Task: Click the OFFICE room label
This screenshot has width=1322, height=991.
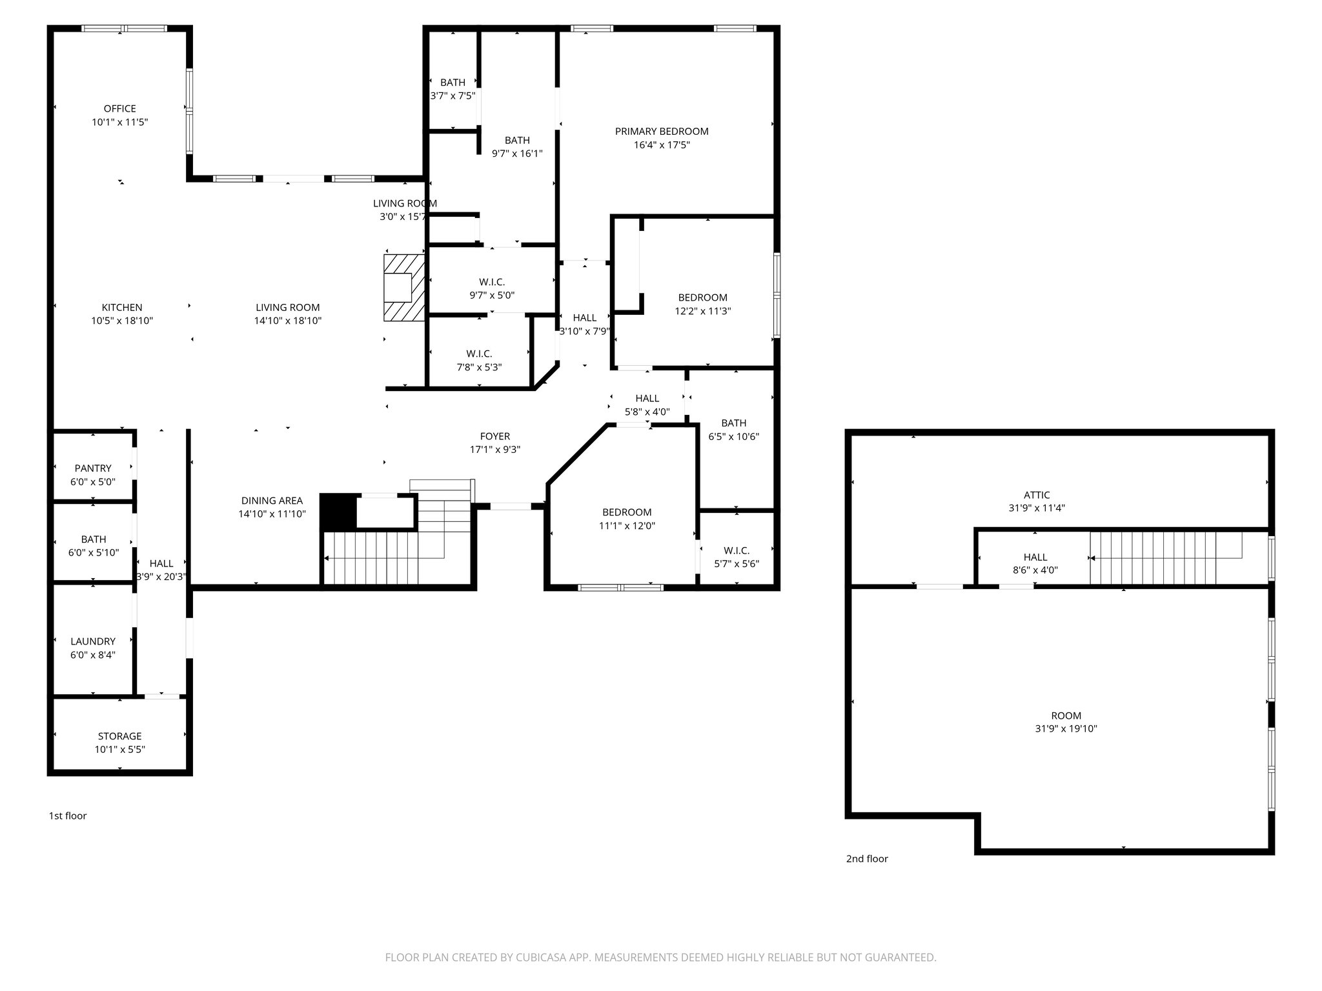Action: point(120,108)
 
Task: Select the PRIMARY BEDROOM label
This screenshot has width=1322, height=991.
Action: point(662,132)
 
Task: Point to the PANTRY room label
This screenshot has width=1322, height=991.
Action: point(93,468)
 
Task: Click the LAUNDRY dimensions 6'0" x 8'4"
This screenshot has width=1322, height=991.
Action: point(93,655)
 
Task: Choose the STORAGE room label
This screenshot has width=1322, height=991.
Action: point(120,736)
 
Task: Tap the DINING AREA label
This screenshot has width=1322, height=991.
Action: point(272,501)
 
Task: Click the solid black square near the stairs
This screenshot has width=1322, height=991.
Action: point(338,512)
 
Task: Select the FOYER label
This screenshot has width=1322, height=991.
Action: point(495,436)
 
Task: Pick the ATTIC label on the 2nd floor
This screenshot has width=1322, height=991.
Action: point(1037,495)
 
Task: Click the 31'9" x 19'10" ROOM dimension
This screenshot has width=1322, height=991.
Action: point(1066,729)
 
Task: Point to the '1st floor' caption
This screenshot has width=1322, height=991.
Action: point(68,816)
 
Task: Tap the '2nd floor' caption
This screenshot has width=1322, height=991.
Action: point(867,859)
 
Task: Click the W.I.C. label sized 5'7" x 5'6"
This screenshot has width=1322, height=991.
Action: point(737,550)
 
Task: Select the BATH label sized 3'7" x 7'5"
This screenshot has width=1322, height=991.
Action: point(453,83)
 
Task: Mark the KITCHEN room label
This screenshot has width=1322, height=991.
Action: point(122,308)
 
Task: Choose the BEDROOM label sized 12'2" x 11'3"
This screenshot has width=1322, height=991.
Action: point(702,297)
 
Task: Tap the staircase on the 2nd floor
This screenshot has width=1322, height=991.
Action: point(1155,558)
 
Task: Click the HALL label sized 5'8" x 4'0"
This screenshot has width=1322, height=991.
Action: point(647,399)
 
